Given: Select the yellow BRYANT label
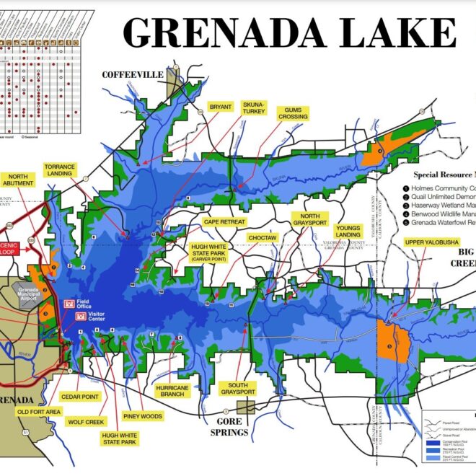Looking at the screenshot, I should pos(220,107).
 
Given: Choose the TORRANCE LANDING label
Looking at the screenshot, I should pos(59,169).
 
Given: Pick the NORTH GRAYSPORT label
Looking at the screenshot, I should pos(310,219).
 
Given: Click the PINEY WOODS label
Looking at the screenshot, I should pos(143,416).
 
